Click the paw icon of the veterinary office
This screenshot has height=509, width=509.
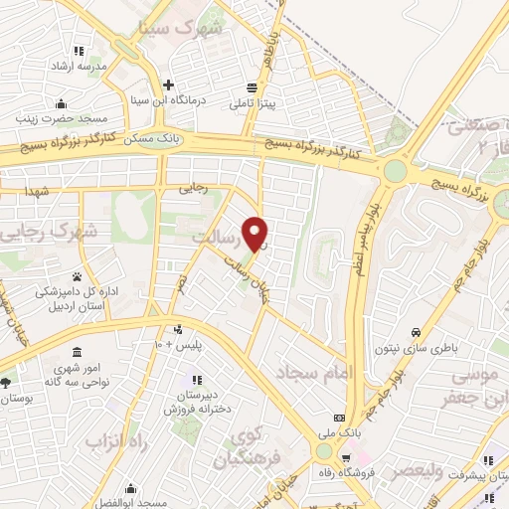77,276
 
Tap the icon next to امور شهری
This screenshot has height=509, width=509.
77,353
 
